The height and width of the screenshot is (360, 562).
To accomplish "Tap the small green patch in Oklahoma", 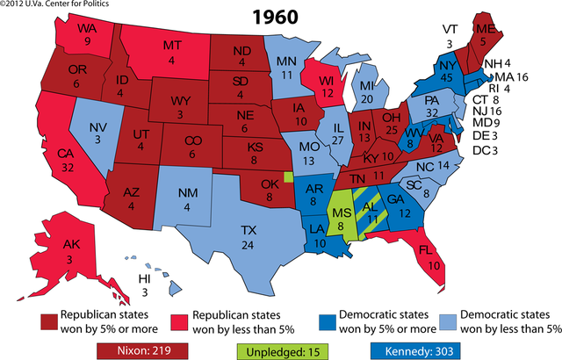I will (x=290, y=176).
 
